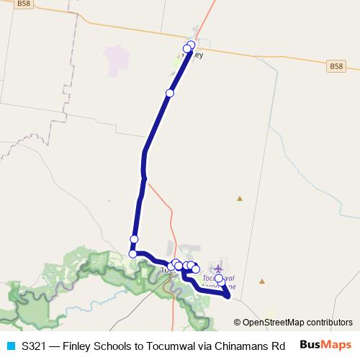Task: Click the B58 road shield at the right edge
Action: (335, 66)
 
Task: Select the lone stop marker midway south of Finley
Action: (170, 93)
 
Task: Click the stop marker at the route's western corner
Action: (132, 253)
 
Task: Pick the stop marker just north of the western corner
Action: (134, 239)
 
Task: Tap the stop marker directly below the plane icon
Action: (219, 278)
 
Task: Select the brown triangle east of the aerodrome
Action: (264, 281)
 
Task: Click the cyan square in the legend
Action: (11, 346)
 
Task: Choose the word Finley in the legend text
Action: (80, 346)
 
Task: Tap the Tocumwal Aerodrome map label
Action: (220, 281)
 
